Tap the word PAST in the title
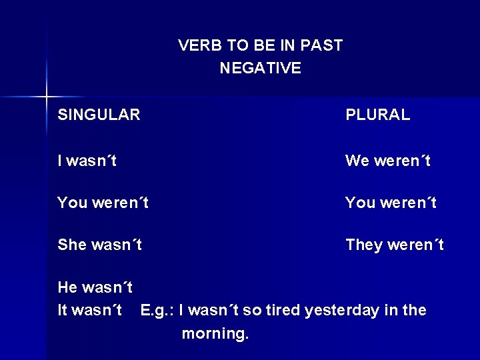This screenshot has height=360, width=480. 321,46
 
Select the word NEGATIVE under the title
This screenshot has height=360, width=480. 260,68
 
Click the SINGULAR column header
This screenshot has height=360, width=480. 99,115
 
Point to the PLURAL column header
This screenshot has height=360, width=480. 377,115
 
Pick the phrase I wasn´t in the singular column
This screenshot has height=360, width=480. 87,161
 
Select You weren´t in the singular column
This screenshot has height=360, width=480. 103,203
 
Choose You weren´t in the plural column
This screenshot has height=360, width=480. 391,203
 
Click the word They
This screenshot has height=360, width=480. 364,245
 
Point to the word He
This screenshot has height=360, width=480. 67,288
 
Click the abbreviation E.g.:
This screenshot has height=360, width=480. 157,311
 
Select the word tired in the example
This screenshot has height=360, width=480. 285,311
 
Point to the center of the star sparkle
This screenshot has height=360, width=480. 47,97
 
